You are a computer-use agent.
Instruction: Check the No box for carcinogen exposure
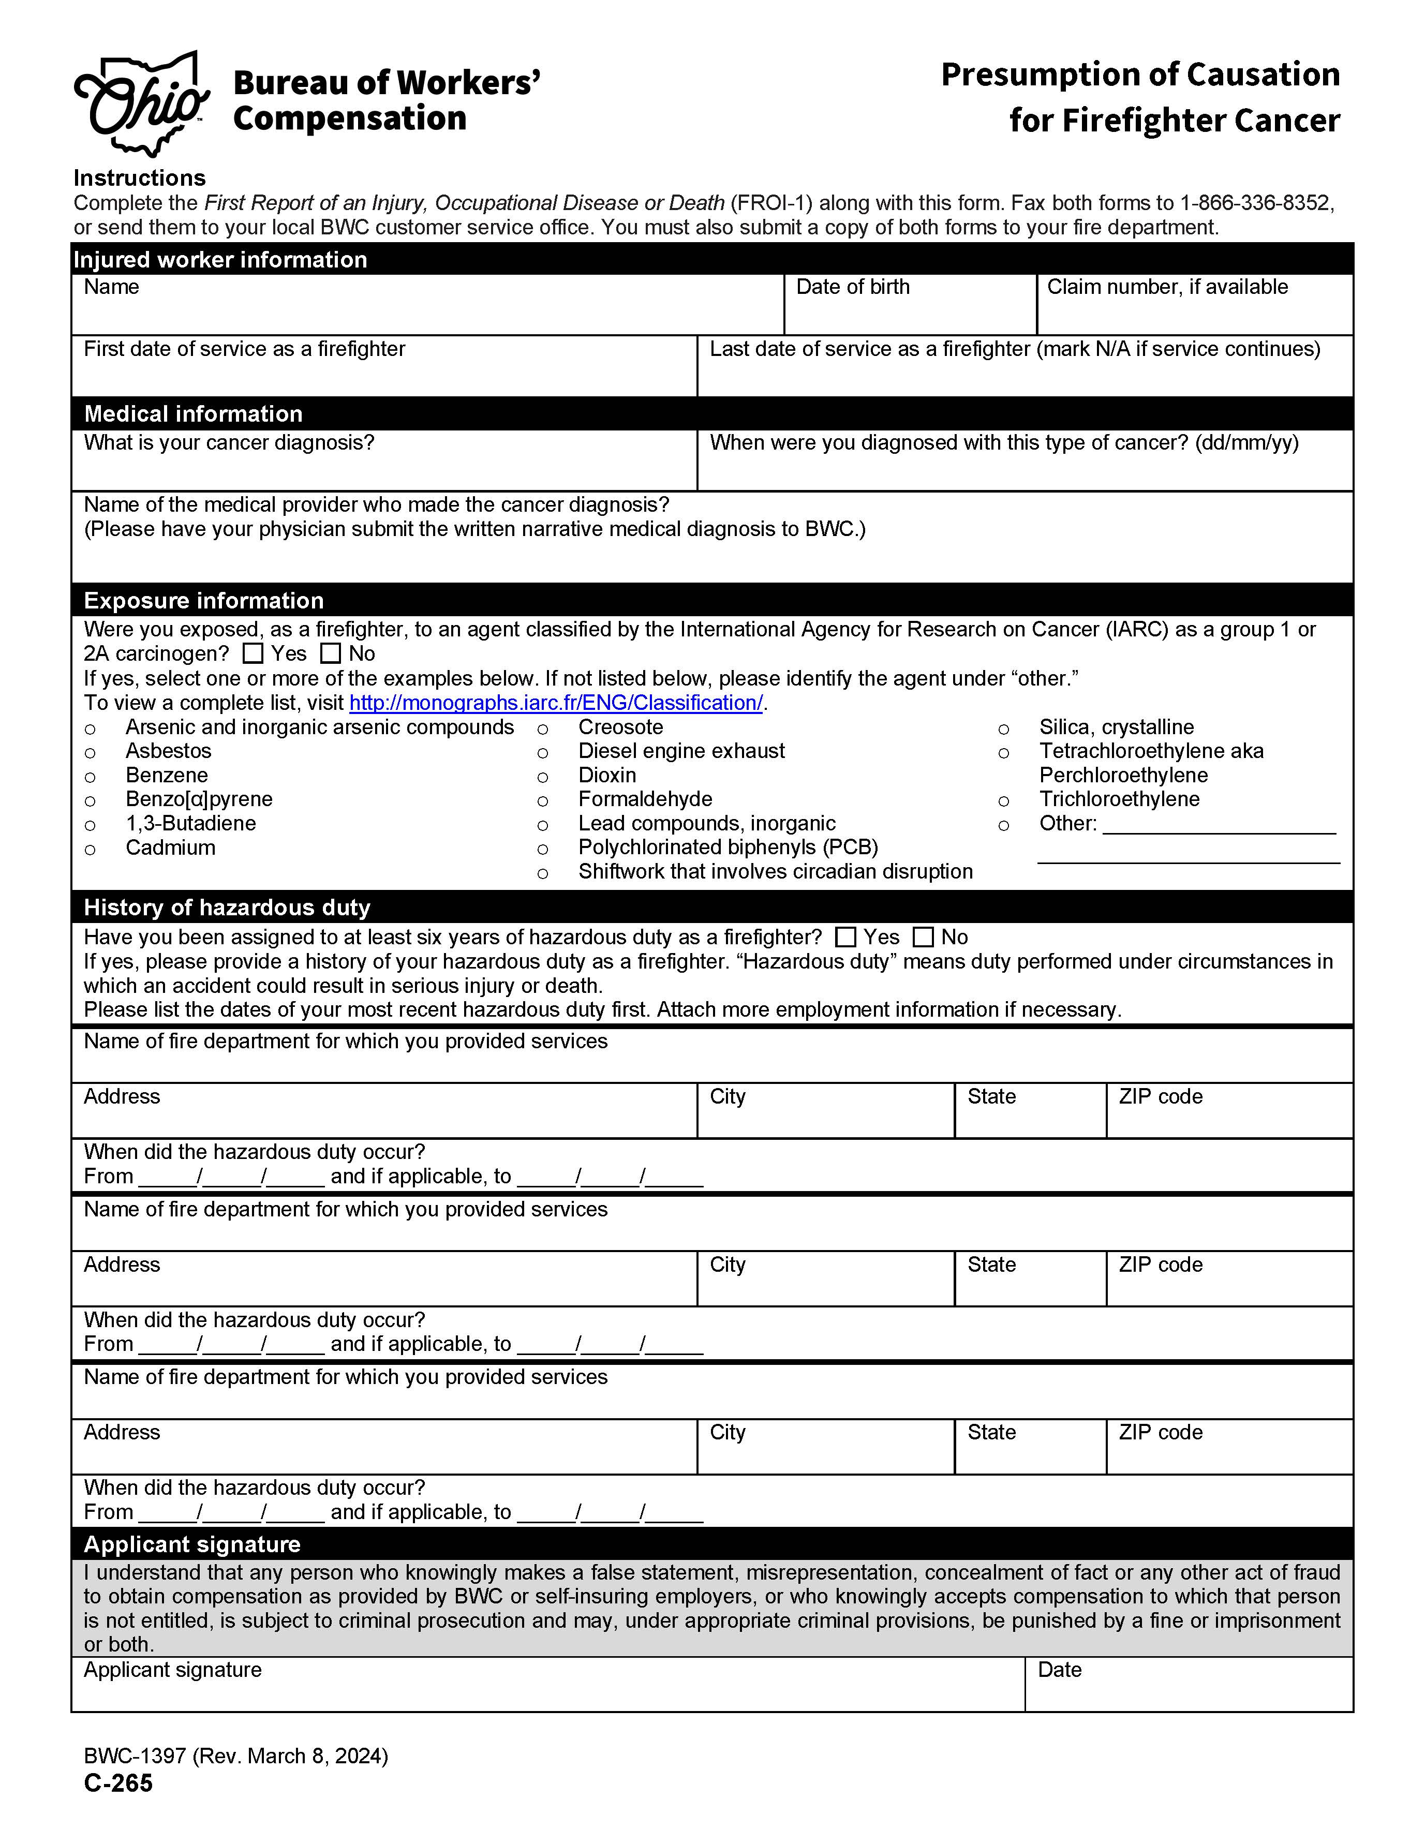coord(330,653)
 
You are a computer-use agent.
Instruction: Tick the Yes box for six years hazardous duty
coord(845,937)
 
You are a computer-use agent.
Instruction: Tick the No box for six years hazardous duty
coord(924,937)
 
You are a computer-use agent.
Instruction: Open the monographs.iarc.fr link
coord(556,703)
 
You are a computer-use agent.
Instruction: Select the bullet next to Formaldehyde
coord(543,800)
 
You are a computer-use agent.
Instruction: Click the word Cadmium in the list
coord(171,847)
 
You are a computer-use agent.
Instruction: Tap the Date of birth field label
coord(853,287)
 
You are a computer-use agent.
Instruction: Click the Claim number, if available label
coord(1167,287)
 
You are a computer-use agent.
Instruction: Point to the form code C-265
coord(118,1783)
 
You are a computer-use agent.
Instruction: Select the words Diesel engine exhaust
coord(681,751)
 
